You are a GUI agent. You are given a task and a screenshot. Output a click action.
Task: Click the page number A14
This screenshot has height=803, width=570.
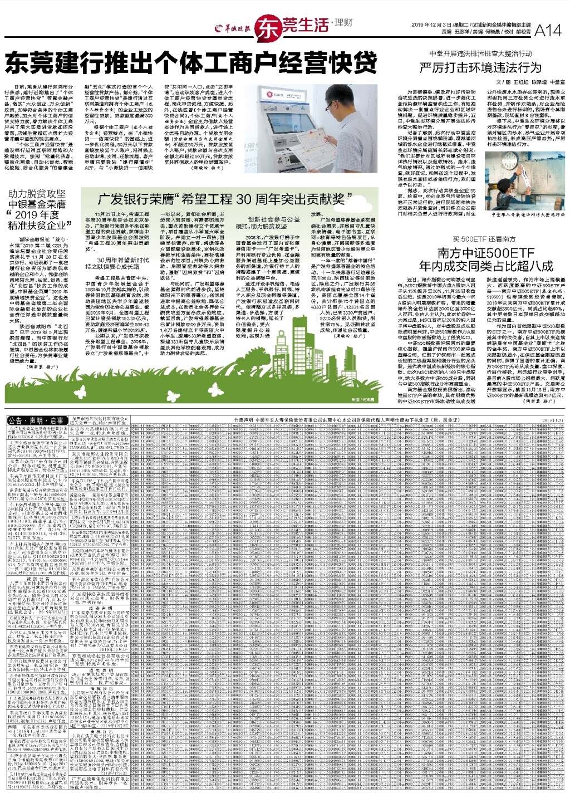548,32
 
